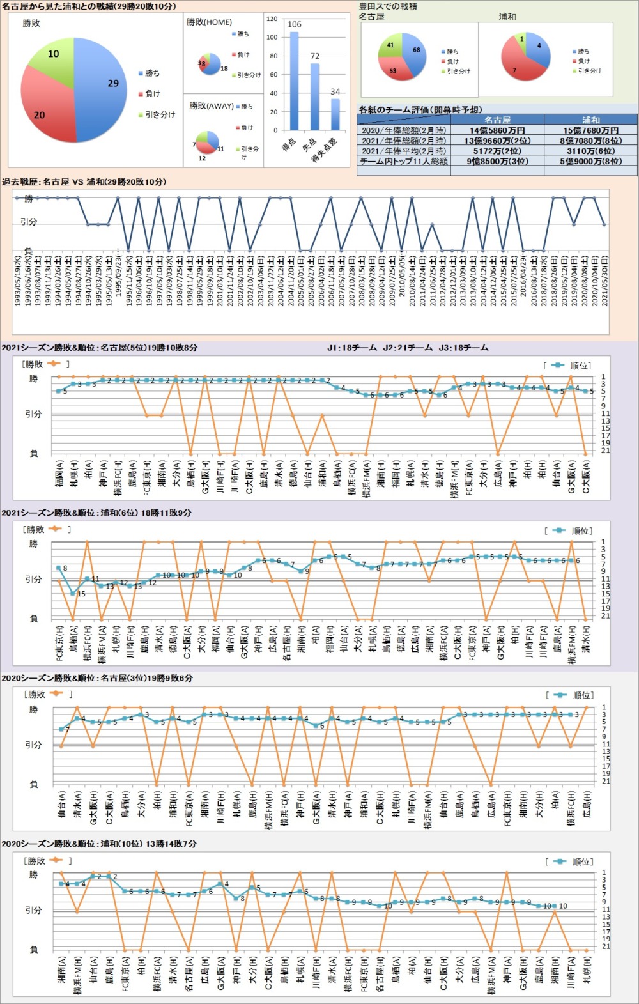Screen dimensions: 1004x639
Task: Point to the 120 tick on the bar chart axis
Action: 272,19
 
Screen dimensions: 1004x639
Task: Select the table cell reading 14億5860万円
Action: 497,130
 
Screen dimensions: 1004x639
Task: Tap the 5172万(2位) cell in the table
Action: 497,151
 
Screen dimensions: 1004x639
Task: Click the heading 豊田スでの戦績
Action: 388,6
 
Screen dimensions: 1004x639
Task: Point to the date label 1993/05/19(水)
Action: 18,280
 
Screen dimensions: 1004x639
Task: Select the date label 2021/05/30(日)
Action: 604,280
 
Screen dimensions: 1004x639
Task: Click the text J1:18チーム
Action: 351,348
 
